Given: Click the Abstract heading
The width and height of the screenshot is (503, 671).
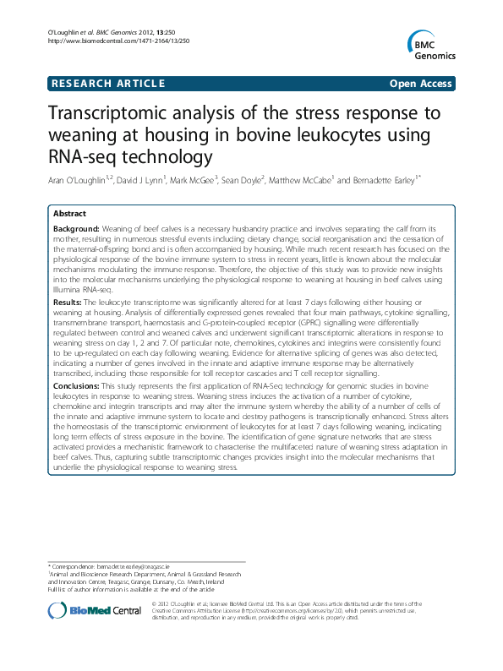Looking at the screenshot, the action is click(70, 215).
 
